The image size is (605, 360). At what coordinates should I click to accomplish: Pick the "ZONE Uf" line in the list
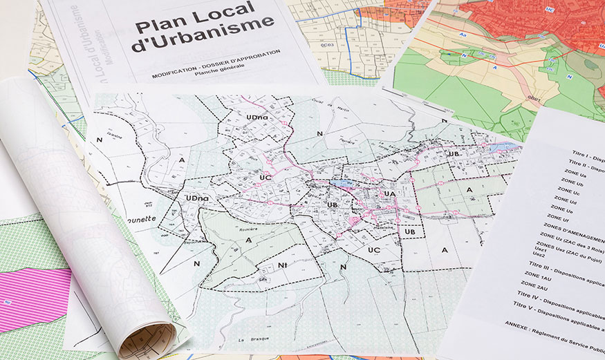pos(561,218)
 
